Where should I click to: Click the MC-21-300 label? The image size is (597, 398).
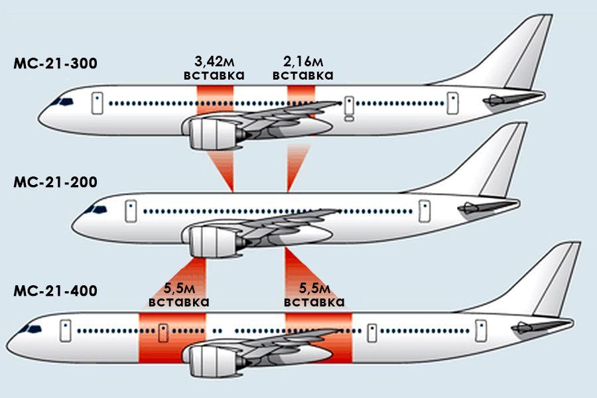click(55, 64)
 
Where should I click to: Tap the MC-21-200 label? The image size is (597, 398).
click(55, 180)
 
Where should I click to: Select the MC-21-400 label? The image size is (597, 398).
click(55, 291)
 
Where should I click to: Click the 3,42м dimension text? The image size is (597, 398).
click(214, 62)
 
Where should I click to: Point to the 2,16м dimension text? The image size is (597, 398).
click(303, 62)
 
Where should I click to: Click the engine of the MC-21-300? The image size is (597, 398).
click(211, 133)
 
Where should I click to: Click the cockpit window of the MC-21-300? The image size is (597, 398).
click(64, 101)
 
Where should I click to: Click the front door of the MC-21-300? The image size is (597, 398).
click(97, 102)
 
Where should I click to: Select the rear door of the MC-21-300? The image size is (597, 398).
click(452, 102)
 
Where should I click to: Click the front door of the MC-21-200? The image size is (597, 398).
click(131, 210)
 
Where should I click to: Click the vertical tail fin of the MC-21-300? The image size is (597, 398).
click(524, 53)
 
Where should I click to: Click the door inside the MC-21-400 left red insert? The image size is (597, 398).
click(163, 330)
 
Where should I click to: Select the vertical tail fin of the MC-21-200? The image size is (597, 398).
click(501, 163)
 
